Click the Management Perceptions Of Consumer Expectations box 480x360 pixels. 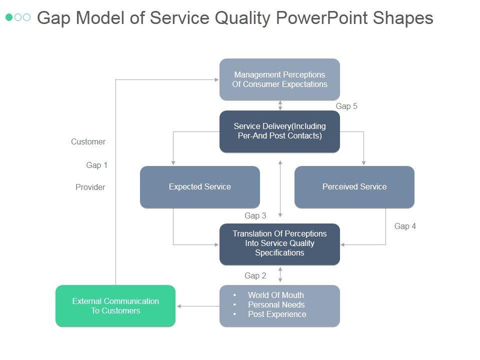pos(279,79)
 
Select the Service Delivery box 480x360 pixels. pos(279,131)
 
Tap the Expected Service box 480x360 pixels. pos(199,187)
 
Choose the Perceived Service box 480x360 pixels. pos(354,187)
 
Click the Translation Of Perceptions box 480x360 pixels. pos(279,243)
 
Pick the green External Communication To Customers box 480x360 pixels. pos(115,306)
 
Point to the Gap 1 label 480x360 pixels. pos(96,165)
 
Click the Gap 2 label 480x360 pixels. pos(255,276)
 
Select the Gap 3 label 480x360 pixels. pos(255,216)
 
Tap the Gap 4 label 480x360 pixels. pos(405,226)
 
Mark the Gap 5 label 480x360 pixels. pos(346,106)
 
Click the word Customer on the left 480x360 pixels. pos(88,142)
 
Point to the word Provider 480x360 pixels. pos(90,187)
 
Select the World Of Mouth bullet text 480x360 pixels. pos(275,295)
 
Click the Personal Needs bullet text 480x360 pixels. pos(276,305)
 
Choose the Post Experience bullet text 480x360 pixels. pos(277,314)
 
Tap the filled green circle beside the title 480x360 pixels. pos(9,17)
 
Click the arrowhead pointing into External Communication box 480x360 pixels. pos(179,306)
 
